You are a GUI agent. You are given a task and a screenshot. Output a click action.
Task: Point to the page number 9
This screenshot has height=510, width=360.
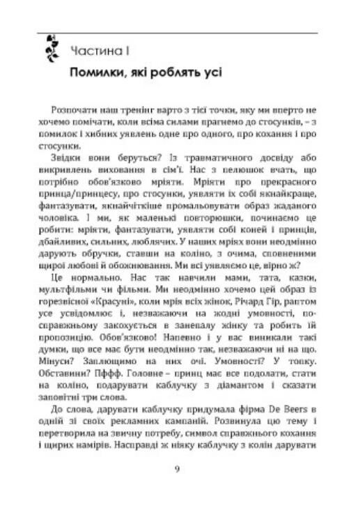click(x=178, y=468)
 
